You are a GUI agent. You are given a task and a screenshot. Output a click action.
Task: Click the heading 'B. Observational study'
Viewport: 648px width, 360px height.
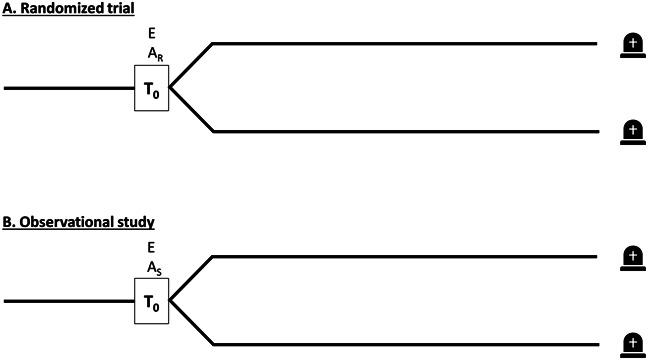tap(70, 220)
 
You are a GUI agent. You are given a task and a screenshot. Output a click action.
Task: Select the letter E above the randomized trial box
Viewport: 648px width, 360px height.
tap(151, 33)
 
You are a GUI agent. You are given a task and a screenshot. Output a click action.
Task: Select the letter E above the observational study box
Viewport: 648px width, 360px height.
tap(151, 246)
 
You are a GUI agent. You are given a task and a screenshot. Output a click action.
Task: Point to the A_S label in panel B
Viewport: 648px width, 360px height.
tap(152, 266)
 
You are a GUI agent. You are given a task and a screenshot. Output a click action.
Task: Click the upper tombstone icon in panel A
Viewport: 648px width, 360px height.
tap(632, 44)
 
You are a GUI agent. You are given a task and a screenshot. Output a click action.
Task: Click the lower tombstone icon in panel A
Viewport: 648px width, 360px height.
tap(632, 130)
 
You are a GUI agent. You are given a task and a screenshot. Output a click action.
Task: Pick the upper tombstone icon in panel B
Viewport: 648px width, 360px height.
tap(632, 256)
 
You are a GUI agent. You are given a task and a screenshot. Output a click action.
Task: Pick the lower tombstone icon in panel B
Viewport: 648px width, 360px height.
tap(632, 342)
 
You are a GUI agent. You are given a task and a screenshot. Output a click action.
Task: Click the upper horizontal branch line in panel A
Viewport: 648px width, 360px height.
tap(400, 44)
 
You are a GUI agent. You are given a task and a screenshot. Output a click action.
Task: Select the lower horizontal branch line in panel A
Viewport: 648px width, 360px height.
tap(400, 131)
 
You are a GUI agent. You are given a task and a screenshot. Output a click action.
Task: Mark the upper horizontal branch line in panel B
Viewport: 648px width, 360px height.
tap(400, 256)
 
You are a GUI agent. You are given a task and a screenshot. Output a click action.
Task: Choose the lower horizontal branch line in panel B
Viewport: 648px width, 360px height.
tap(400, 344)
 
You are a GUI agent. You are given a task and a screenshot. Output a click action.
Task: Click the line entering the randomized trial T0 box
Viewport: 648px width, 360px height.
tap(70, 88)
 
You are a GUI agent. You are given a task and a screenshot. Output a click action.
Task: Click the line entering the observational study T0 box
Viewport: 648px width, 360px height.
tap(70, 300)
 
